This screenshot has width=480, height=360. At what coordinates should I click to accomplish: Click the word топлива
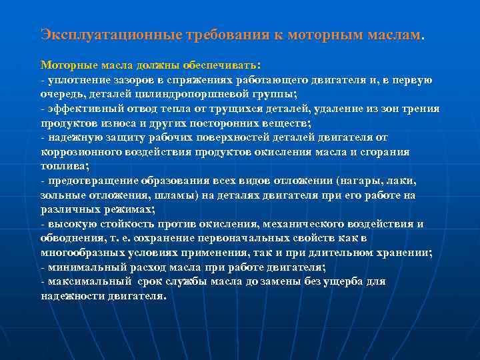click(62, 165)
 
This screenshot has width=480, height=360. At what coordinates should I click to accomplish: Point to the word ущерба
click(340, 281)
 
